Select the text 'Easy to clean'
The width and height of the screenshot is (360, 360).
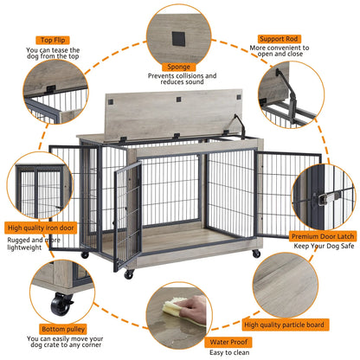click(229, 353)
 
